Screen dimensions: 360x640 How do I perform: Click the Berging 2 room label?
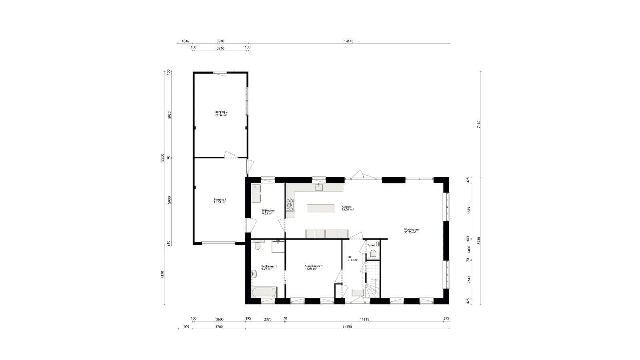click(x=221, y=114)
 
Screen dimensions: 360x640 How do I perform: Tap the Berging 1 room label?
click(x=220, y=201)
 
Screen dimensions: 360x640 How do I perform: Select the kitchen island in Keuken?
click(x=320, y=209)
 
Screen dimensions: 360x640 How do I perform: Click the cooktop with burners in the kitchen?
click(x=290, y=205)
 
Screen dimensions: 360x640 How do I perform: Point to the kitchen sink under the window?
click(x=319, y=188)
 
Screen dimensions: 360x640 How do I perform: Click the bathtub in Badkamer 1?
click(x=264, y=292)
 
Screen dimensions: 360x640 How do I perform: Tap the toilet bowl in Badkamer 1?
click(x=258, y=245)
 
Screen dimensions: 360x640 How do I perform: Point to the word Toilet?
click(x=371, y=245)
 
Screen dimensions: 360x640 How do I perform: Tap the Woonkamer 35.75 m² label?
click(x=412, y=231)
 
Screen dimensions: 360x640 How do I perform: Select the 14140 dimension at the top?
click(x=348, y=41)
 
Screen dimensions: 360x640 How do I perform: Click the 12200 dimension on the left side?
click(x=162, y=158)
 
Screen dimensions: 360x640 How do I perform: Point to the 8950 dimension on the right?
click(x=478, y=240)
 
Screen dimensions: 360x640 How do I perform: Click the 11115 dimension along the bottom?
click(x=364, y=319)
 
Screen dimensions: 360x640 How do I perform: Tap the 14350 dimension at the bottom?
click(x=347, y=327)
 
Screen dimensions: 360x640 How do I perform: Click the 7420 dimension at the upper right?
click(x=478, y=124)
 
